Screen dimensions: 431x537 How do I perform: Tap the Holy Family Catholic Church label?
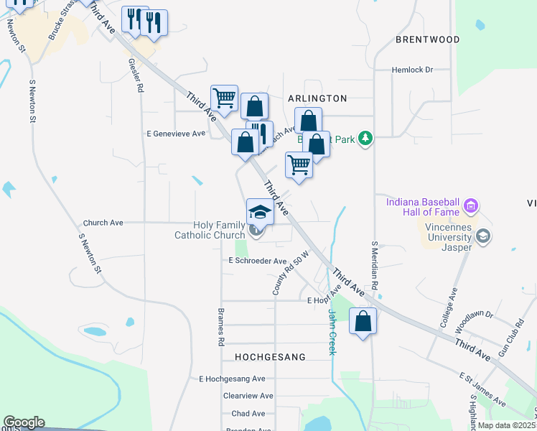(210, 230)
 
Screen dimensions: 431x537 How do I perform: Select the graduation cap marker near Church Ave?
(260, 212)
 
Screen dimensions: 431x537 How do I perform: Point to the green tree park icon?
(365, 137)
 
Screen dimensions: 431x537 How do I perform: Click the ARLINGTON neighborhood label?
(317, 98)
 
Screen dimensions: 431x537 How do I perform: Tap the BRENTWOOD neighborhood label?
(427, 40)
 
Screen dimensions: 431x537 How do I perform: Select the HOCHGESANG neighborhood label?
(270, 356)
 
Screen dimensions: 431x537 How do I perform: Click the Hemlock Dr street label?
(413, 70)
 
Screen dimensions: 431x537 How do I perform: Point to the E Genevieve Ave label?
(176, 134)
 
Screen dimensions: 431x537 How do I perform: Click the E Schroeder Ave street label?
(257, 261)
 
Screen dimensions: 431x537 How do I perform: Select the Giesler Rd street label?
(134, 74)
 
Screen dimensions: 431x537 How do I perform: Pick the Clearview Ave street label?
(248, 396)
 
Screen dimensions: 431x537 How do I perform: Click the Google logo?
(24, 422)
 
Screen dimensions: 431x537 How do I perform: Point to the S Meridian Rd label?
(375, 269)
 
